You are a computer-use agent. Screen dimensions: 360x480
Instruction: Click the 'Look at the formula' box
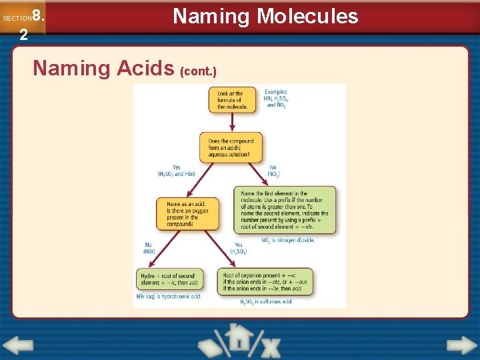tap(231, 100)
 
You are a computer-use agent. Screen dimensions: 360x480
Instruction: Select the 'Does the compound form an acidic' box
tap(231, 147)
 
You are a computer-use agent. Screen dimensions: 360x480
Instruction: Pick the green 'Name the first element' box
tap(285, 210)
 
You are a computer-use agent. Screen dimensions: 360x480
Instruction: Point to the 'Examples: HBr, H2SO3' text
tap(276, 98)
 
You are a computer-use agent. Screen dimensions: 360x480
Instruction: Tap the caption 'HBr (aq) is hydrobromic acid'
tap(169, 297)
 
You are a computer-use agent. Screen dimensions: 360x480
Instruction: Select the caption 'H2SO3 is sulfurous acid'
tap(266, 301)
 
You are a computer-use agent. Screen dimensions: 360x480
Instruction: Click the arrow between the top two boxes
tap(231, 123)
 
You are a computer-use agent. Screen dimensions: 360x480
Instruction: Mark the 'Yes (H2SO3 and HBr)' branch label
tap(176, 171)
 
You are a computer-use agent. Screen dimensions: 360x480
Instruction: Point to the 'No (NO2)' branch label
tap(273, 171)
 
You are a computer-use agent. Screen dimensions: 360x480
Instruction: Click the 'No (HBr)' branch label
tap(149, 248)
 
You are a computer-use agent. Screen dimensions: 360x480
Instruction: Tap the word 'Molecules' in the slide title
tap(308, 16)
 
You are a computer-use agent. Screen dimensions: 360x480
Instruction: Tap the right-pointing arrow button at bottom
tap(461, 345)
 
